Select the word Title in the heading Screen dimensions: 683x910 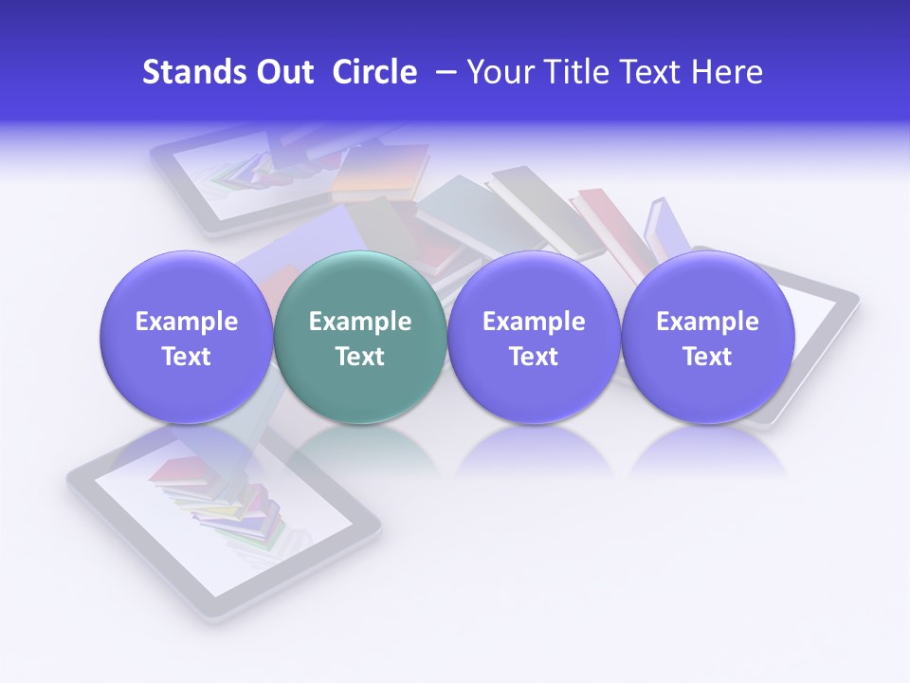[562, 72]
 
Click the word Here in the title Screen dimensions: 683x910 [728, 72]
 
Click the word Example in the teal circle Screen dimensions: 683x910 [360, 322]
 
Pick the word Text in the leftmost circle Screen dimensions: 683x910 [186, 357]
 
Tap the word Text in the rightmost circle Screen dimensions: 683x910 [707, 357]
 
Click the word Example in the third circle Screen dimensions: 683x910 [534, 322]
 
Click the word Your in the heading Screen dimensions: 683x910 [498, 72]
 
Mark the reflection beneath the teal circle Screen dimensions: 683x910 [359, 446]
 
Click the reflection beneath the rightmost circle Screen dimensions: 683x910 [707, 448]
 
